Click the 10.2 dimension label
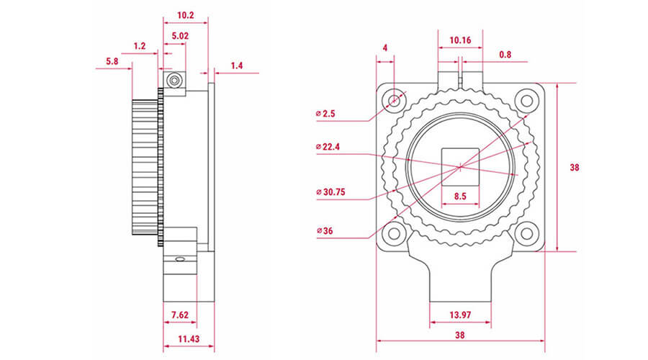[x=186, y=15]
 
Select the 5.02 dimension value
[x=180, y=36]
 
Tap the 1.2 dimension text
[x=140, y=46]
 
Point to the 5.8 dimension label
[x=112, y=61]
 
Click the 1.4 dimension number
[x=237, y=66]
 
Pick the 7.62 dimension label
[x=180, y=315]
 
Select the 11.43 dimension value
[x=189, y=339]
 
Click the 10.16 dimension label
[x=460, y=40]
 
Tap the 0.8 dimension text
[x=505, y=55]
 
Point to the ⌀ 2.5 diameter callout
[x=325, y=114]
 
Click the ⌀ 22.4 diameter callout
[x=328, y=147]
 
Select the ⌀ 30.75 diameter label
[x=330, y=192]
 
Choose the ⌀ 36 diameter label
[x=325, y=231]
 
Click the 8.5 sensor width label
[x=460, y=197]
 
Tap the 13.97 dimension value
[x=460, y=315]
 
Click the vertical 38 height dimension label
[x=575, y=167]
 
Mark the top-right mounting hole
[x=526, y=100]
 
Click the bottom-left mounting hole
[x=395, y=233]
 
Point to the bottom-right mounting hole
[x=526, y=233]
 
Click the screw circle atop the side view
[x=175, y=80]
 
